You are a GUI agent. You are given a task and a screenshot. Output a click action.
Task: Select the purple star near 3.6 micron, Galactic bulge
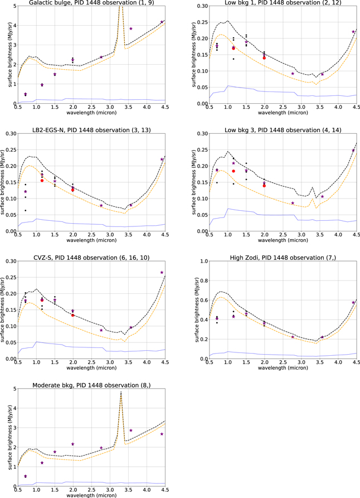coord(131,28)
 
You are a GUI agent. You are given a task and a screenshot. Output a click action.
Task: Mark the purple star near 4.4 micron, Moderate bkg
coord(162,434)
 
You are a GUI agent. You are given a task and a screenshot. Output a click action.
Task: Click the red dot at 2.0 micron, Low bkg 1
coord(264,58)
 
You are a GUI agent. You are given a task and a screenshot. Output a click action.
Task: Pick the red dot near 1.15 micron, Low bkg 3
coord(233,171)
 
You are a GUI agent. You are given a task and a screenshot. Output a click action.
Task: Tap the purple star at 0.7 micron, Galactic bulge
coord(25,94)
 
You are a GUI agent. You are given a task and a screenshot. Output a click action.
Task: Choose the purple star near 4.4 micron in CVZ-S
coord(162,273)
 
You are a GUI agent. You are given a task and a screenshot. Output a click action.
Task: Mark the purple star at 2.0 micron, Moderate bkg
coord(72,444)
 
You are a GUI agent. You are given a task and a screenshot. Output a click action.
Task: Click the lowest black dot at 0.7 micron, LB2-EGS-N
coord(25,210)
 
